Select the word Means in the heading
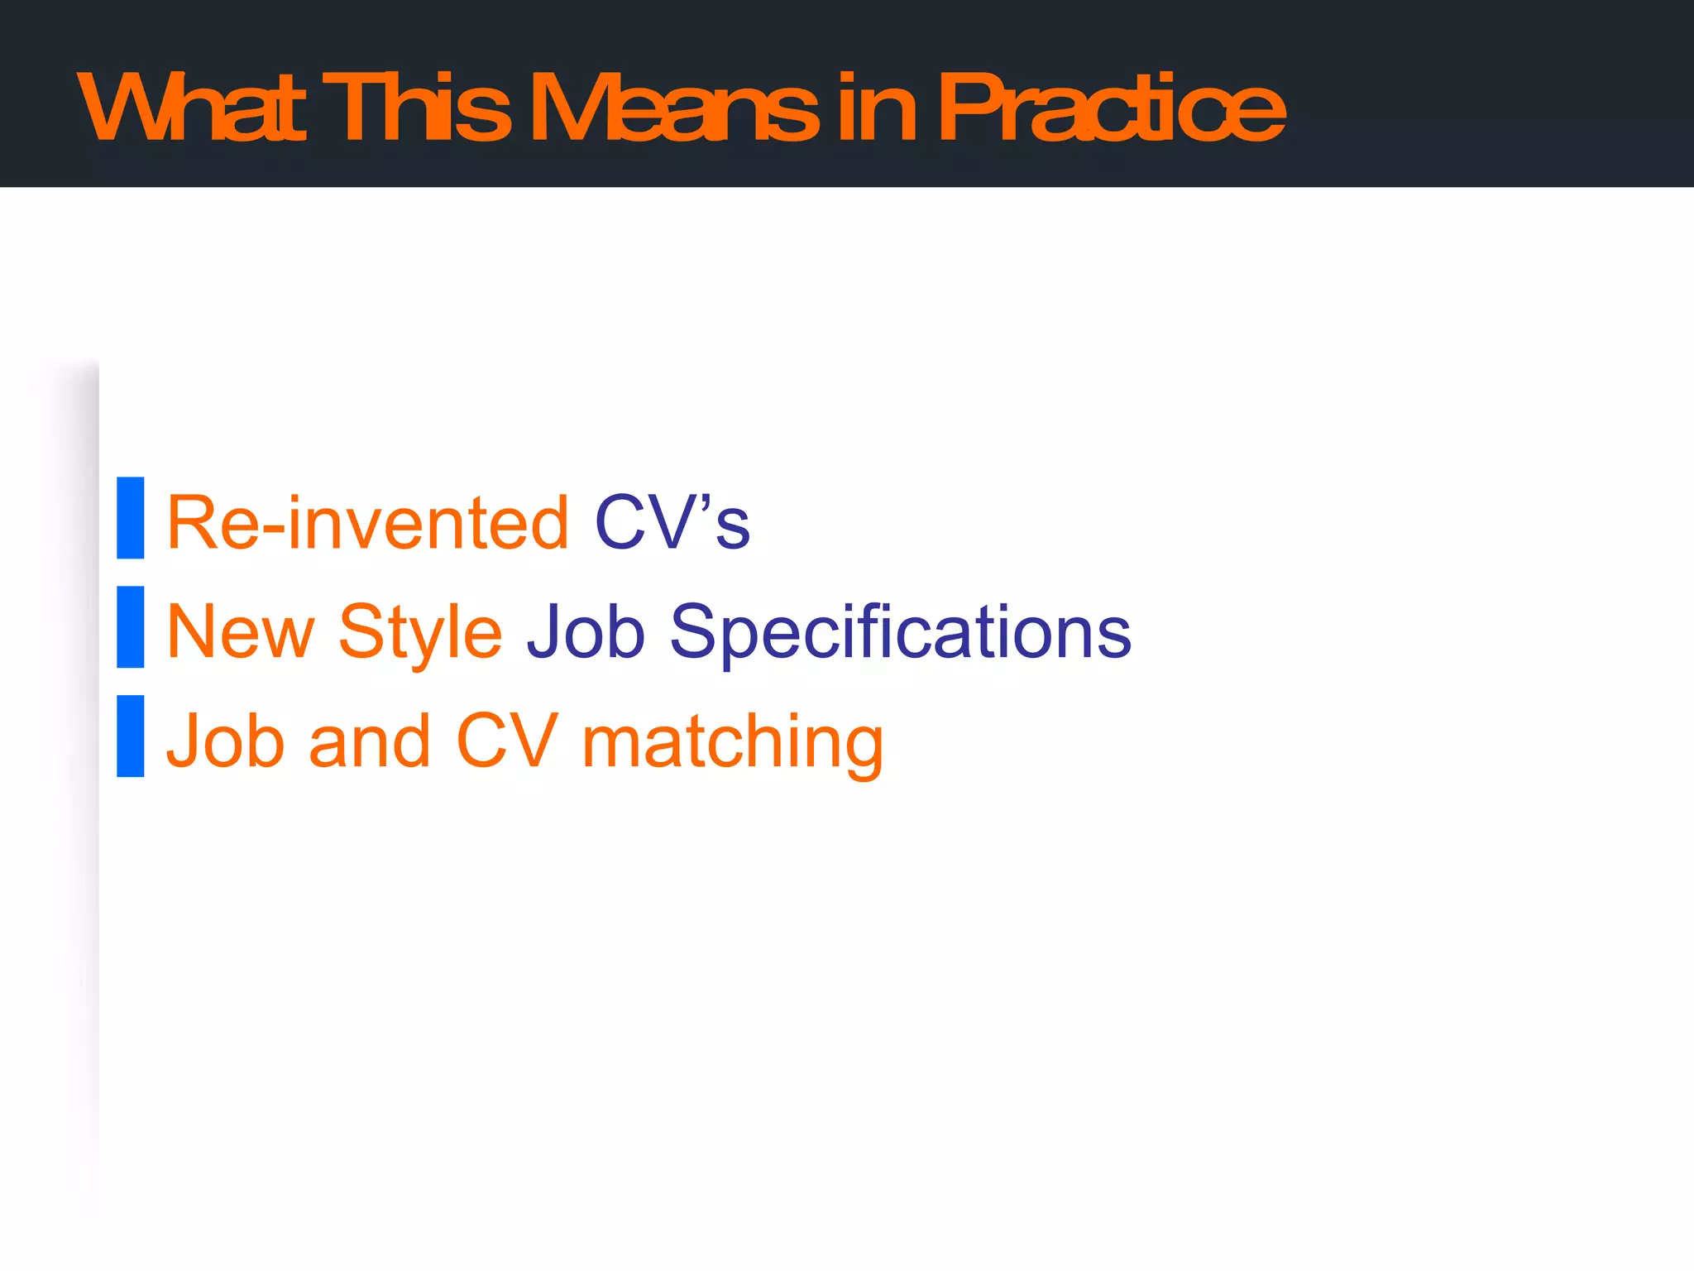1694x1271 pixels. click(674, 108)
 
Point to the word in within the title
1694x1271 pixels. click(875, 108)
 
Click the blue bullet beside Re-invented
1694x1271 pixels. click(131, 518)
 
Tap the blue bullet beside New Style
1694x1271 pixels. click(131, 627)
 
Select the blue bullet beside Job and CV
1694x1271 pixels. click(131, 736)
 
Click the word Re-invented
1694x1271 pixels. click(368, 523)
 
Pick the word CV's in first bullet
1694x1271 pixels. click(672, 523)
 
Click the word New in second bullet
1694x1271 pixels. click(241, 632)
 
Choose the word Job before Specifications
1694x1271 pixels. click(586, 632)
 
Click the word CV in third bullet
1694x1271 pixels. click(507, 741)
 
